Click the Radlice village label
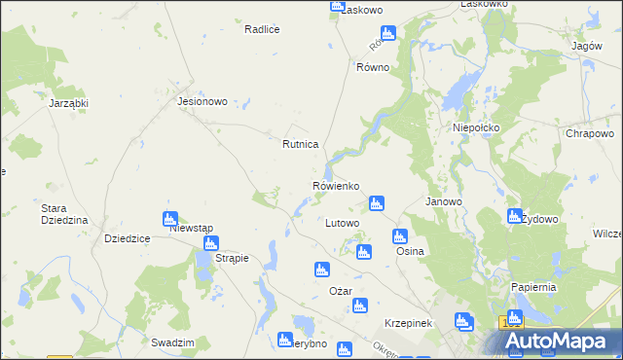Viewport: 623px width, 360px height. (x=262, y=29)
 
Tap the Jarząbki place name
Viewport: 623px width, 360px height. (x=68, y=102)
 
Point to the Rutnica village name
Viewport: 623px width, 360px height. (x=301, y=144)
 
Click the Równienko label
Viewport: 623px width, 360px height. (x=337, y=185)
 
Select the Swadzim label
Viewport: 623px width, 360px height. (x=173, y=342)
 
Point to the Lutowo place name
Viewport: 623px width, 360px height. (x=342, y=223)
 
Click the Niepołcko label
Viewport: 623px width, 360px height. (x=476, y=127)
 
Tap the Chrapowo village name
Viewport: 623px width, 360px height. (x=589, y=133)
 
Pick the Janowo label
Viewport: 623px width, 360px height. (x=444, y=201)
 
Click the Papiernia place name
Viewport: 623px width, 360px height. (x=533, y=287)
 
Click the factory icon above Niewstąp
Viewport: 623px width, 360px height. (x=170, y=218)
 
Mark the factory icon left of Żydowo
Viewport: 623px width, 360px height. (x=515, y=217)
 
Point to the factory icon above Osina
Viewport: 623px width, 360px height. (x=399, y=236)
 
